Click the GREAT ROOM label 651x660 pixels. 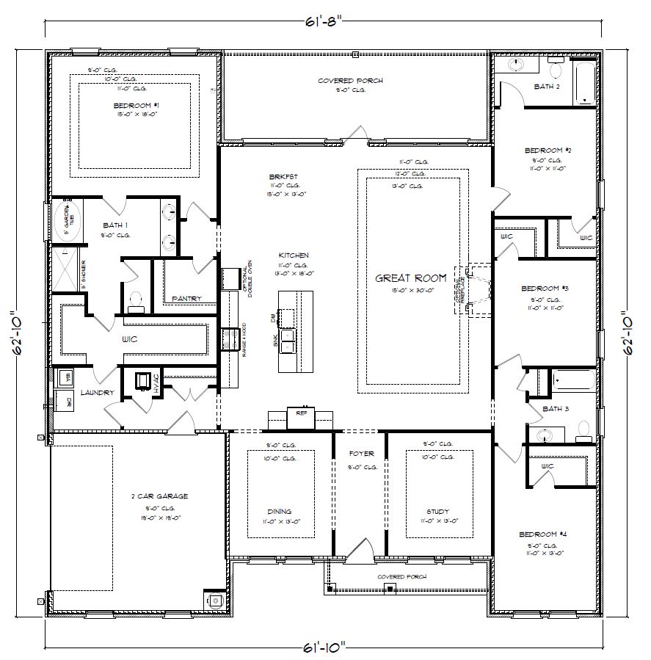[410, 278]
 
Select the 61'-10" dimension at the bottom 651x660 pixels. [324, 647]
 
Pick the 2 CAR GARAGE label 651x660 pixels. [162, 496]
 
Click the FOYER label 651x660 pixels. [361, 454]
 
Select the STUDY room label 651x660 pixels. [437, 512]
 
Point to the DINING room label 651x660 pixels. [279, 512]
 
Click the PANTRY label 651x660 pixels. [186, 299]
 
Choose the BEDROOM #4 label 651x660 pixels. [542, 534]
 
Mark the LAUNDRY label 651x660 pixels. [98, 394]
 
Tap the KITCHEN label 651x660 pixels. [294, 255]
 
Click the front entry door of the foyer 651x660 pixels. [360, 551]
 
